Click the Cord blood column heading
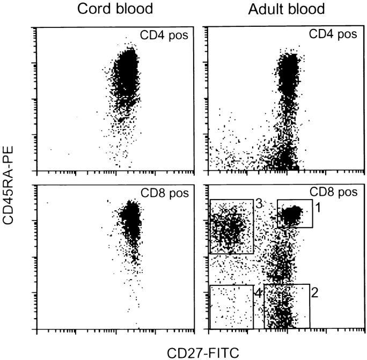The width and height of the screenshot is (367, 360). coord(114,10)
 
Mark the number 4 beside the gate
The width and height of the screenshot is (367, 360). coord(258,293)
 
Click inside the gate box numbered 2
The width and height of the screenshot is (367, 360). coord(287,306)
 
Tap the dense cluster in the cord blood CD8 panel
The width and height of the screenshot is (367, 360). coord(129,217)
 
